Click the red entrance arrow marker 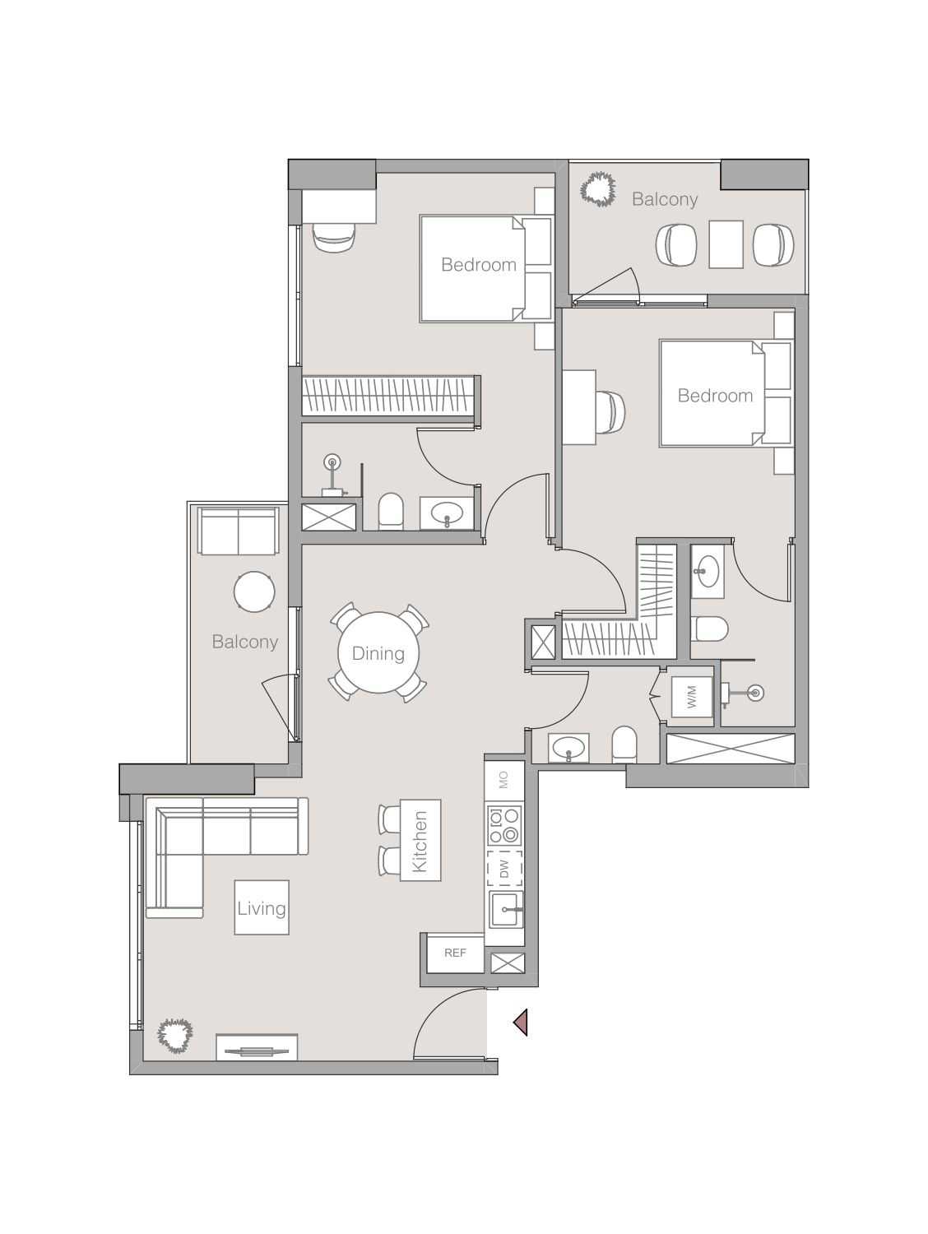pos(521,1023)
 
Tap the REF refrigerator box pos(455,953)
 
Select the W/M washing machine pos(691,698)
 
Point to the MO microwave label pos(504,778)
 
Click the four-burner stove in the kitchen pos(504,825)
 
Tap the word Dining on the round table pos(378,653)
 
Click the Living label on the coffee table pos(262,908)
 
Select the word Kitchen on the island pos(420,841)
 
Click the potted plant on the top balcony pos(598,189)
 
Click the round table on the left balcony pos(254,591)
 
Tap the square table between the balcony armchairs pos(726,244)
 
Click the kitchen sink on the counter pos(504,908)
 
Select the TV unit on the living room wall pos(256,1049)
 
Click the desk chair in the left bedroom pos(335,236)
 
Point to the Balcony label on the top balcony pos(665,199)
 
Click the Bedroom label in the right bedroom pos(715,396)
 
